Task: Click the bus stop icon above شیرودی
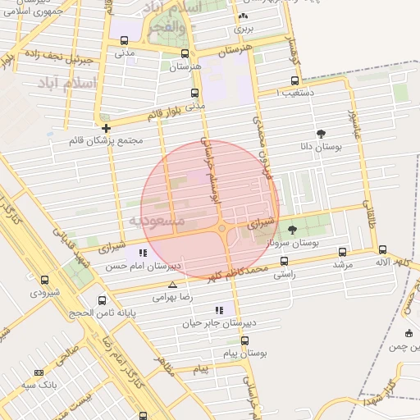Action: click(44, 280)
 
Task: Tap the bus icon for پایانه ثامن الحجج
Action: click(102, 300)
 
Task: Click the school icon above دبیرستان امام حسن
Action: click(144, 253)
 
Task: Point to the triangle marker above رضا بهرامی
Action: click(172, 285)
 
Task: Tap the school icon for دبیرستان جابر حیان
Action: click(219, 310)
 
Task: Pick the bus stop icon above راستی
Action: click(285, 261)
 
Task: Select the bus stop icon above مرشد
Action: click(342, 252)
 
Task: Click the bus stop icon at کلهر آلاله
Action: click(382, 249)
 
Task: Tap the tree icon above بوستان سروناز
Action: click(293, 230)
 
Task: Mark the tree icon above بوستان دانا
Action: click(320, 134)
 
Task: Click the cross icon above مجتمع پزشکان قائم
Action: click(106, 128)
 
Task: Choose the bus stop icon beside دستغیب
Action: click(296, 80)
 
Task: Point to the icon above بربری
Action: click(242, 16)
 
